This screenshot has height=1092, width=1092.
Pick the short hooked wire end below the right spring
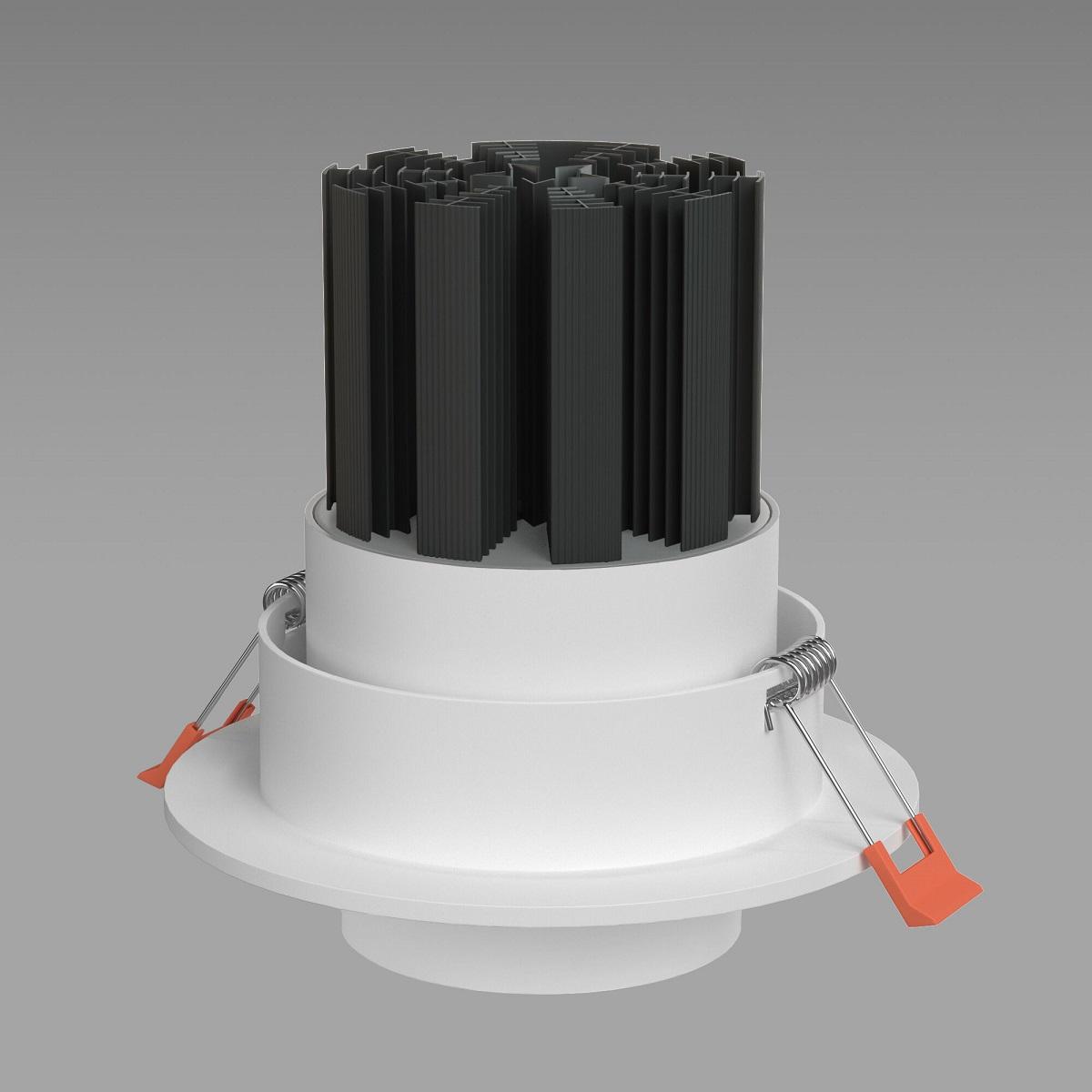click(769, 714)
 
